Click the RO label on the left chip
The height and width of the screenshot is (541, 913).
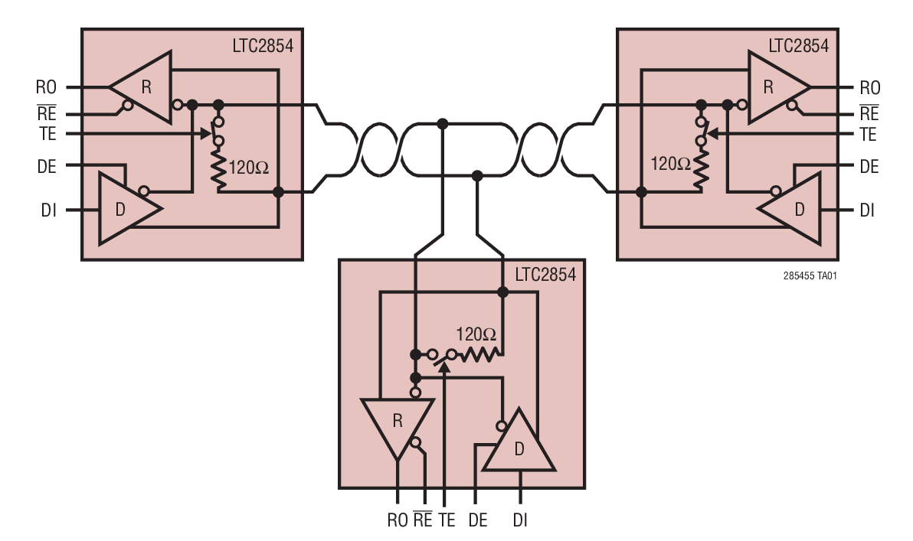click(46, 86)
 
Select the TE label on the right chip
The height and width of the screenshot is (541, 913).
click(868, 135)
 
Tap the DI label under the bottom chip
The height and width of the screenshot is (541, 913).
click(519, 520)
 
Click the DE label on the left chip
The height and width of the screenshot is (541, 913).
click(47, 167)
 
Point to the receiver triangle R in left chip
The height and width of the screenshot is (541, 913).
click(144, 87)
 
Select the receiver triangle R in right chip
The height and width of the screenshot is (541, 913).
click(774, 87)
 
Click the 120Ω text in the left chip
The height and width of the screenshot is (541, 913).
click(249, 168)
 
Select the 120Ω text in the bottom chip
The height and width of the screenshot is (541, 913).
click(476, 334)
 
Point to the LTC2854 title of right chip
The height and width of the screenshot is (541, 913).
click(798, 45)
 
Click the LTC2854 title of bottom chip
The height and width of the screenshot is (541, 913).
click(545, 275)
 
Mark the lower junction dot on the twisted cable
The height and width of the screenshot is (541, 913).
click(477, 176)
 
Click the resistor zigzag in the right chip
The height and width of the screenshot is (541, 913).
click(699, 173)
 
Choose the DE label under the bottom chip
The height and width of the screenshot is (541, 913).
click(477, 520)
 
